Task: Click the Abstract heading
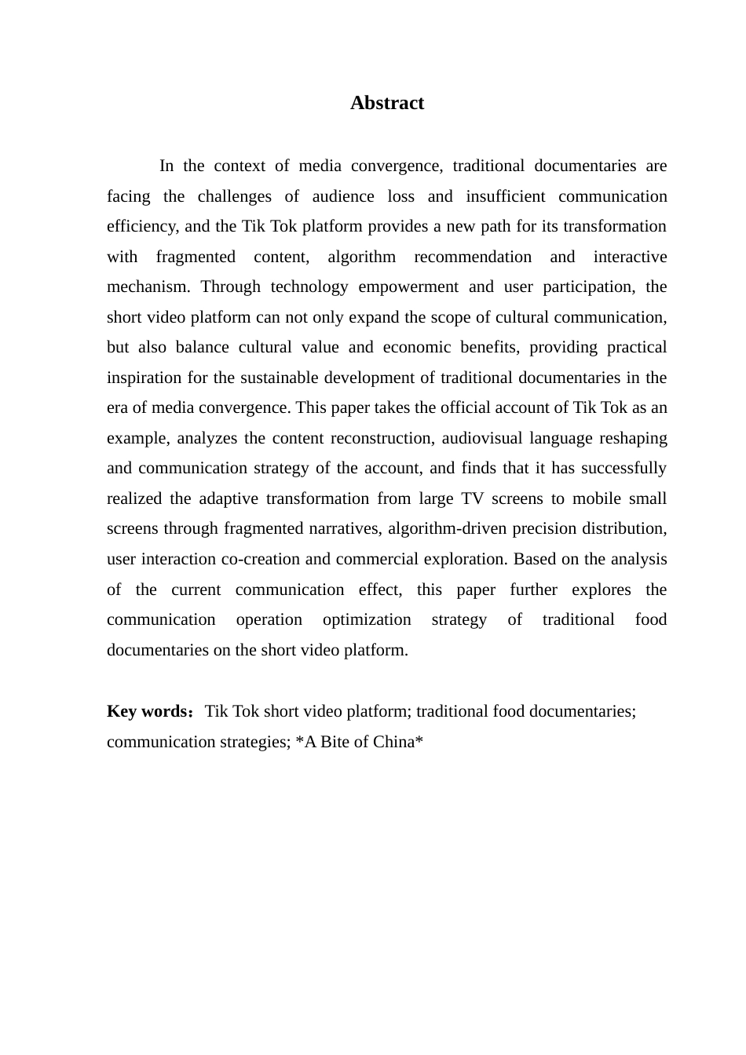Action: (387, 103)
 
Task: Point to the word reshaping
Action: (633, 438)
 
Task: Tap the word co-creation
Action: (258, 559)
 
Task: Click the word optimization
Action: (367, 619)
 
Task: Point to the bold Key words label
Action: (147, 711)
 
